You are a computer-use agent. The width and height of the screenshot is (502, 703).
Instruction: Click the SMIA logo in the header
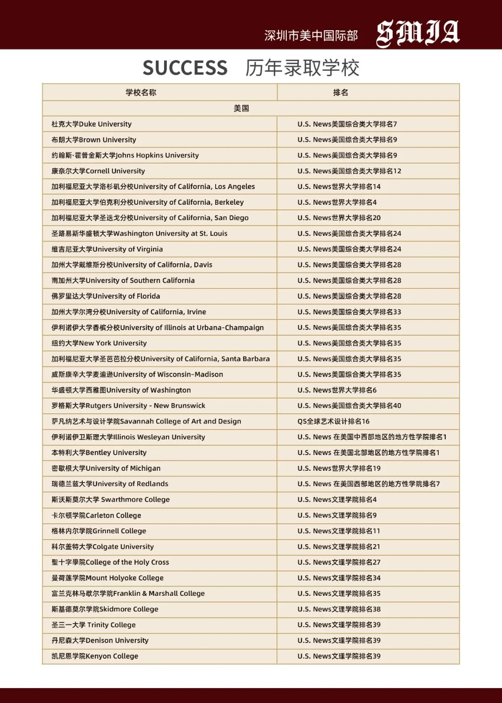tap(417, 33)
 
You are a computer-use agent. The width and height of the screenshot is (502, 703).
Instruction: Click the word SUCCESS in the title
tap(185, 68)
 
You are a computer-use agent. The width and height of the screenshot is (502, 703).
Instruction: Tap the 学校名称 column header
tap(141, 92)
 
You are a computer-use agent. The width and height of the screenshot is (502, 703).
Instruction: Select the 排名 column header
tap(340, 92)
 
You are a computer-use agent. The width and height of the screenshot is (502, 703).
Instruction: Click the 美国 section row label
tap(241, 108)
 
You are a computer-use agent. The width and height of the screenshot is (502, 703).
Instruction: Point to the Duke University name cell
tap(92, 124)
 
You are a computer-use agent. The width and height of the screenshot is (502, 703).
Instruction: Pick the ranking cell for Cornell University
tap(349, 171)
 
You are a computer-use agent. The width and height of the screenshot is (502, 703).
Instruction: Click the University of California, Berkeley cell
tap(147, 202)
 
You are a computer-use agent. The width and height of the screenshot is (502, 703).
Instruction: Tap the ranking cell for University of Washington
tap(337, 390)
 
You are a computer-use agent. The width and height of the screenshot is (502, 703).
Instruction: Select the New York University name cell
tap(99, 343)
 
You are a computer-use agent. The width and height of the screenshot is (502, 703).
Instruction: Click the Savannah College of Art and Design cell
tap(146, 421)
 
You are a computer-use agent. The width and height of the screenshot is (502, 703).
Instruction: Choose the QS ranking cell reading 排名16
tap(333, 421)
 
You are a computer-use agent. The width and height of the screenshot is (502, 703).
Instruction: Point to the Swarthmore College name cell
tap(111, 500)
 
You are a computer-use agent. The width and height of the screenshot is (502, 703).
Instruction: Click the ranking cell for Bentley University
tap(368, 452)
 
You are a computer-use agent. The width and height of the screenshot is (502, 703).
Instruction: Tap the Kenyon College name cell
tap(95, 656)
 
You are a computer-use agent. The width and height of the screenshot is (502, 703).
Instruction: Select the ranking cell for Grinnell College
tap(339, 531)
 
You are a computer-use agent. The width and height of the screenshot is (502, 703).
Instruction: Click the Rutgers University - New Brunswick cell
tap(128, 405)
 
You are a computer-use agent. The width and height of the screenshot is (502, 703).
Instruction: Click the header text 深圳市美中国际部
tap(311, 36)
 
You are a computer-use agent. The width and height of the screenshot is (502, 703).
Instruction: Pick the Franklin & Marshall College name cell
tap(128, 593)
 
